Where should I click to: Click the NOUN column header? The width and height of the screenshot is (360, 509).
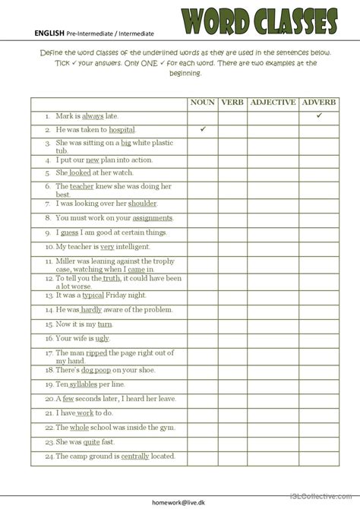click(203, 103)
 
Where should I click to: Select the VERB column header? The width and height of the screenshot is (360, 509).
click(232, 103)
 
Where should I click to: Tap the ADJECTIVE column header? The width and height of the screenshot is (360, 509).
click(273, 103)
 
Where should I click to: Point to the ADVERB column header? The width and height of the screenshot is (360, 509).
click(319, 103)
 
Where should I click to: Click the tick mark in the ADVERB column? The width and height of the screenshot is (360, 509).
click(320, 115)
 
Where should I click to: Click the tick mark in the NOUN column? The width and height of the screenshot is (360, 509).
click(203, 130)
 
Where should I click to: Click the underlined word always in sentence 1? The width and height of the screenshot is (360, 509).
click(93, 116)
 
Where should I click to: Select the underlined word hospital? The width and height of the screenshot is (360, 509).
click(122, 131)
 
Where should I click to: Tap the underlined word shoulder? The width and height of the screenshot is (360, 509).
click(142, 204)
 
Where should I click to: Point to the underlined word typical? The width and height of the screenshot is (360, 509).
click(92, 296)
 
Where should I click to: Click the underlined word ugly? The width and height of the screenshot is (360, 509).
click(103, 338)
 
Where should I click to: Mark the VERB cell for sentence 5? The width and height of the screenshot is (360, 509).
click(232, 172)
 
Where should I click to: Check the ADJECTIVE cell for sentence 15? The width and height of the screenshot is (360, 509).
click(273, 338)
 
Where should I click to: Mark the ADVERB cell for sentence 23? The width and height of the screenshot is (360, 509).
click(319, 442)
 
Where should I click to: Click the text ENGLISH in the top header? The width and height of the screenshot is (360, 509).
click(49, 33)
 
